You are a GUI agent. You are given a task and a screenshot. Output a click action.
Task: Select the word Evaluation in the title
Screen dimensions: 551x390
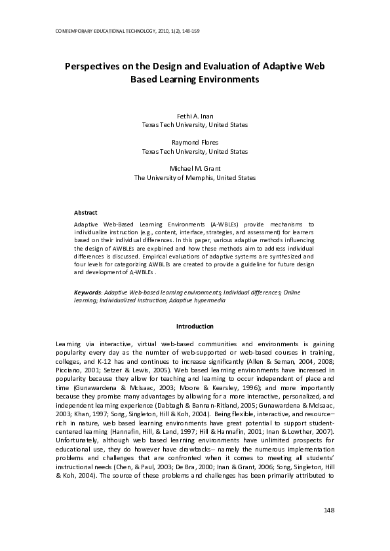point(216,66)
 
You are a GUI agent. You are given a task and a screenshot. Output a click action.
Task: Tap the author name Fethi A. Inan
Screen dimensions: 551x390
point(195,116)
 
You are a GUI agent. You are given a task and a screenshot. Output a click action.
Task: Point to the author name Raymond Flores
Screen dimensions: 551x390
point(195,142)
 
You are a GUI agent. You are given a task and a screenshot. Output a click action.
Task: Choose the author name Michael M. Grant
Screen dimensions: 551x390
point(195,168)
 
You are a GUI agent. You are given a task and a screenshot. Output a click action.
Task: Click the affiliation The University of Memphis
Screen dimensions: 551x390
point(195,177)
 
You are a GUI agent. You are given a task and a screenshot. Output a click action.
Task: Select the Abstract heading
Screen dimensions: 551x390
point(85,213)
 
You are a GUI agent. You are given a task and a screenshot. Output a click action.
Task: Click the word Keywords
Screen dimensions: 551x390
point(87,292)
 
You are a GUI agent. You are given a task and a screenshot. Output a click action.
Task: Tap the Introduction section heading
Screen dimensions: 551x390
point(195,326)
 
